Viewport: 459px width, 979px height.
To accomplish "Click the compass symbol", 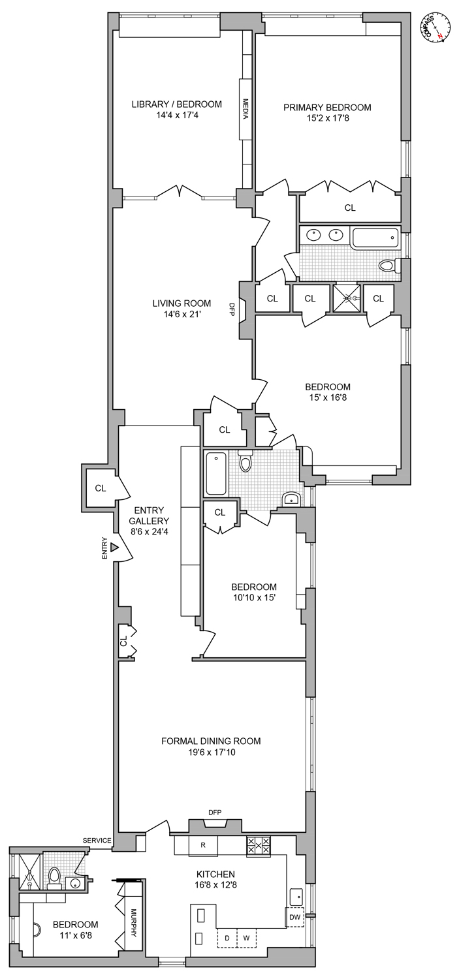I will coord(434,28).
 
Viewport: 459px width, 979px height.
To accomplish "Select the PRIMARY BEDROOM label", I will coord(327,108).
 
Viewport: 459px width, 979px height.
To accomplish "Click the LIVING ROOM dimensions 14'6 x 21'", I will coord(182,314).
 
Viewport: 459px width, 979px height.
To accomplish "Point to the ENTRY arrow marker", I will coord(114,546).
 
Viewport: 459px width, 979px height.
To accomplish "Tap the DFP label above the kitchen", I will coord(215,812).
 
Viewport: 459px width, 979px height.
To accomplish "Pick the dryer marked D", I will coord(227,938).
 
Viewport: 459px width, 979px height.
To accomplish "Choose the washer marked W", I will coord(246,938).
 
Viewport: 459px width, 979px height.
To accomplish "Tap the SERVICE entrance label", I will coord(97,840).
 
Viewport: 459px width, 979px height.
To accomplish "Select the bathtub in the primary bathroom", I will coord(374,238).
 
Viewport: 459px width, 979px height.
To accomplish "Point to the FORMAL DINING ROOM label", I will coord(211,741).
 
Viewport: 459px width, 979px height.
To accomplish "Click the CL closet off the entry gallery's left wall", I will coord(100,488).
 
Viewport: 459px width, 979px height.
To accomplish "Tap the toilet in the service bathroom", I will coord(55,878).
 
